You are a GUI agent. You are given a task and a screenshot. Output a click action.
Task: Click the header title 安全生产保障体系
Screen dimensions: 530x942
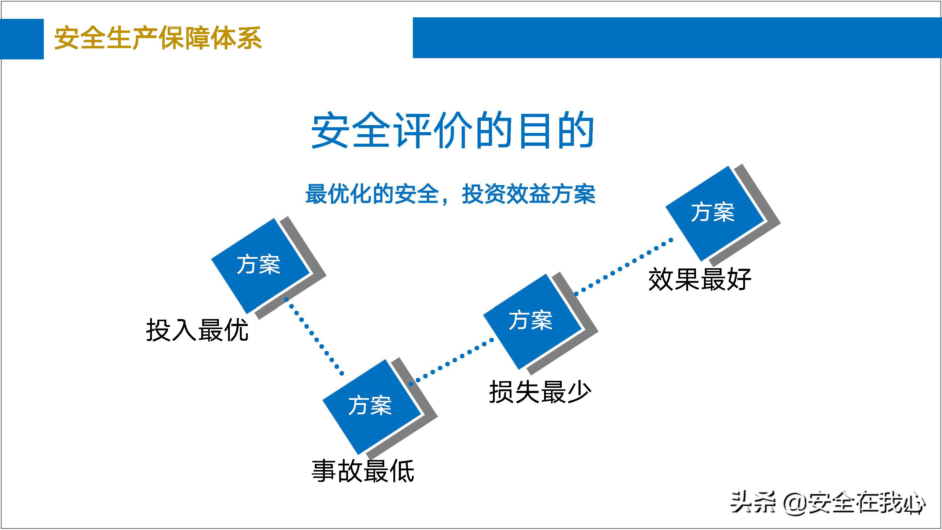click(158, 38)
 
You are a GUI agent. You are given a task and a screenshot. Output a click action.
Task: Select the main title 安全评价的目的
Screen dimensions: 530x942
click(452, 131)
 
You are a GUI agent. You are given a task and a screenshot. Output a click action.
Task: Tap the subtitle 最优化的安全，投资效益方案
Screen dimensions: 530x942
click(450, 194)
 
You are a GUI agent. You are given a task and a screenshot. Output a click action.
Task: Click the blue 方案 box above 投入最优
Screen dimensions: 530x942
click(260, 265)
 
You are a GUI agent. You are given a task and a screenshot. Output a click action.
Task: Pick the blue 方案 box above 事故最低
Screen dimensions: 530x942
click(371, 406)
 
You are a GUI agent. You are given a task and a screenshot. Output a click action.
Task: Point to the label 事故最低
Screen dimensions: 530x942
click(363, 471)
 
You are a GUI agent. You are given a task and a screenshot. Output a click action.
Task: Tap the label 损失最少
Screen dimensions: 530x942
click(540, 392)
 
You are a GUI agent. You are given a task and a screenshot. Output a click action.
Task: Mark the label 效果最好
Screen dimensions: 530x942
click(700, 280)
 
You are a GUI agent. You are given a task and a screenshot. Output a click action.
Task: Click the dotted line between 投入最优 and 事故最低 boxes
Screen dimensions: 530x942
click(315, 336)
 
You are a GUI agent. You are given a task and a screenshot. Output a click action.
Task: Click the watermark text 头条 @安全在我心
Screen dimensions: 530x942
click(827, 503)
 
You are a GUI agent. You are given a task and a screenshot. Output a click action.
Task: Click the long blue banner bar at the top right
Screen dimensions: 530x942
click(677, 38)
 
